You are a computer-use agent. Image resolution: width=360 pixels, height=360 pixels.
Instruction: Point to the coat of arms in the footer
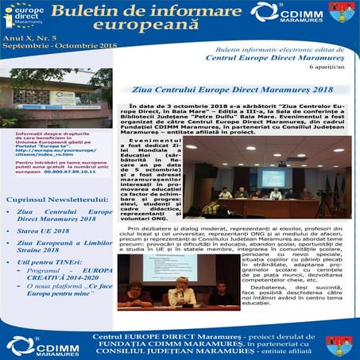pos(335,343)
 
